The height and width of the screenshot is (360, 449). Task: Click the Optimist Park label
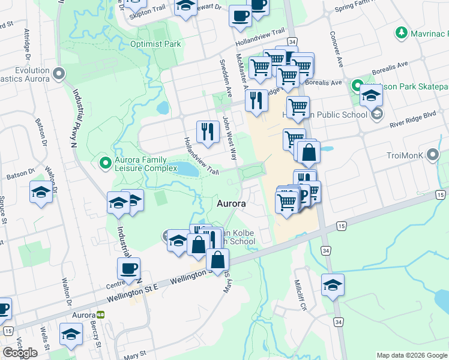tap(155, 44)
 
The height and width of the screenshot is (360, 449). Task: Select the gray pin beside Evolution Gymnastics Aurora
tap(58, 74)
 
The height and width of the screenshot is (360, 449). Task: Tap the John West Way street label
tap(230, 137)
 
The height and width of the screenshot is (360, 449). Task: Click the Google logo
tap(20, 353)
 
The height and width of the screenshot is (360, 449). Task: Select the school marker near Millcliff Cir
tap(332, 286)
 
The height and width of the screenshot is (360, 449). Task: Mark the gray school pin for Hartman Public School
tap(376, 114)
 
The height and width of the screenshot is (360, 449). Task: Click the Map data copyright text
tap(411, 355)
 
